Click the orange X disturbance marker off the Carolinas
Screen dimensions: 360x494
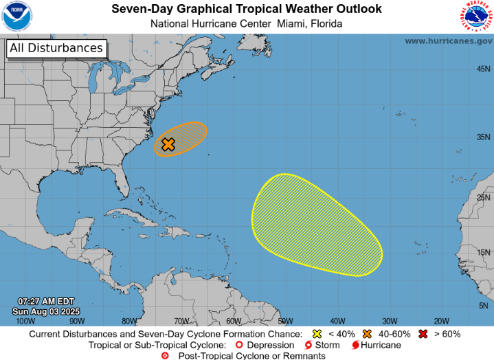168,144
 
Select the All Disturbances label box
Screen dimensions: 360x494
56,48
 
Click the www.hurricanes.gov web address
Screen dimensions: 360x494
448,41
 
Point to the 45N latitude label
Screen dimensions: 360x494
484,69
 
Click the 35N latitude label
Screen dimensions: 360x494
484,137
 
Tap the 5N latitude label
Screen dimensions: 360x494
484,306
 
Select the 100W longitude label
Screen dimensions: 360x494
25,321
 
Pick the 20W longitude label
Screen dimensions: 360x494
441,321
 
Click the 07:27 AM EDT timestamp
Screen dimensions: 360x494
46,302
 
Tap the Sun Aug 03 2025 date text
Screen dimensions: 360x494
46,311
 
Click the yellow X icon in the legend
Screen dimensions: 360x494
317,334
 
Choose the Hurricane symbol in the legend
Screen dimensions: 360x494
355,344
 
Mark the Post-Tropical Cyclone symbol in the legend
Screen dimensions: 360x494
164,355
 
